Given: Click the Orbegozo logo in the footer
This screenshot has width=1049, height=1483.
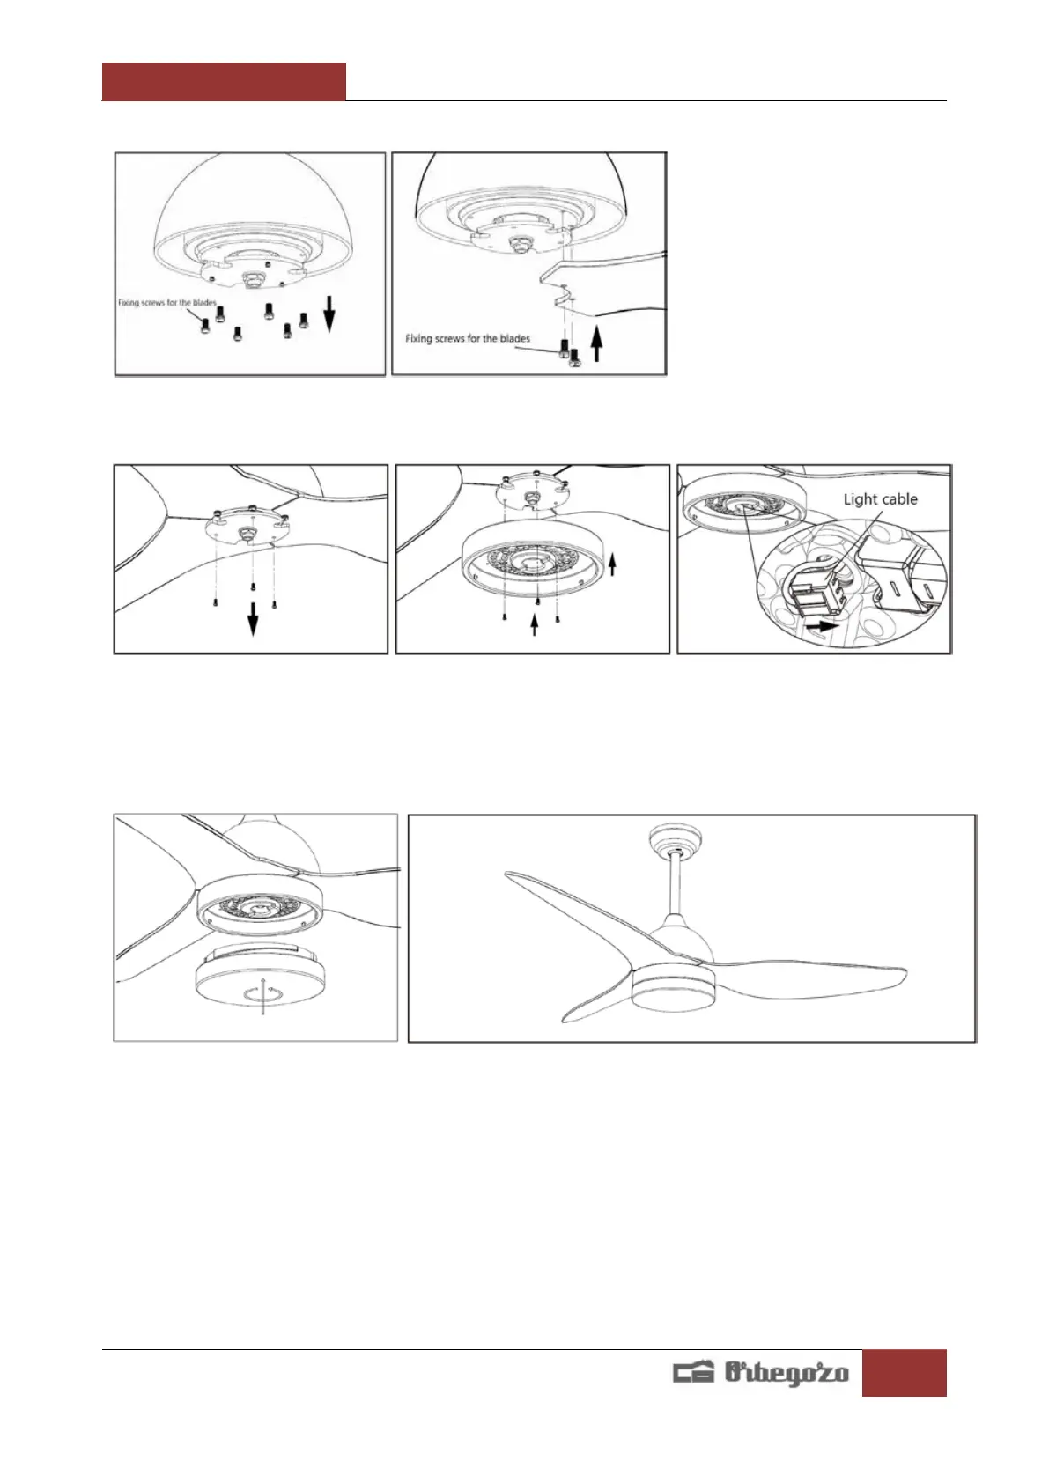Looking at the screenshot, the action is (x=760, y=1372).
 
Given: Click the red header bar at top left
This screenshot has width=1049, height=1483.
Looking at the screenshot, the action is (x=224, y=81).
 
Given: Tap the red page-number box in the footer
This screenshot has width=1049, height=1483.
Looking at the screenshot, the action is (x=904, y=1372).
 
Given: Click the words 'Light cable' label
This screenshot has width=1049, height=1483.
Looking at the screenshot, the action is (x=880, y=499).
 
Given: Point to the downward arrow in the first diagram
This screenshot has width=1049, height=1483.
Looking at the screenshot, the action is (x=329, y=314).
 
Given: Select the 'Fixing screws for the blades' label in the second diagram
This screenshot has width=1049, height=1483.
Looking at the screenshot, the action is (x=468, y=338).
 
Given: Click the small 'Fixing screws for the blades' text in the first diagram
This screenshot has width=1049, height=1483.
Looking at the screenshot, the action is (x=166, y=303).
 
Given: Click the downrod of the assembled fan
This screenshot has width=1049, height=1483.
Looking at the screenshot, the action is (x=676, y=884).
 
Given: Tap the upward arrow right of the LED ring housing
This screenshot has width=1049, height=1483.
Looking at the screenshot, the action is (x=613, y=564).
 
